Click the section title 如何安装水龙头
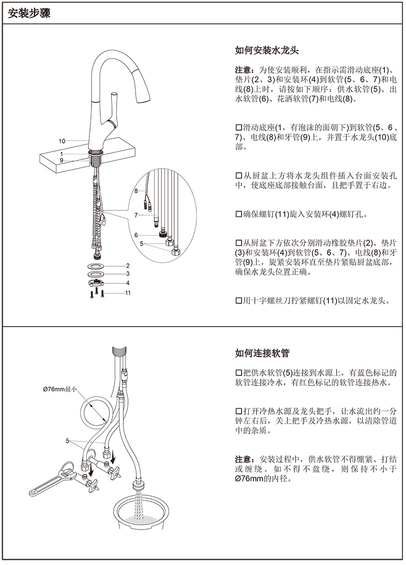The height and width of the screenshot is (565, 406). [267, 51]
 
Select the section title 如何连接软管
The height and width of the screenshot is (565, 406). [262, 353]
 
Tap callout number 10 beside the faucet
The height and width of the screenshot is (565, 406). [62, 141]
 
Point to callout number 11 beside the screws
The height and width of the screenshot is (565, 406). [128, 293]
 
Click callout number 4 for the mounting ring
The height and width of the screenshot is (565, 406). [127, 283]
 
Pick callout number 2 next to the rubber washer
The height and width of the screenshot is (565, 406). [127, 266]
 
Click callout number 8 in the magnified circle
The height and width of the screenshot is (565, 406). [137, 191]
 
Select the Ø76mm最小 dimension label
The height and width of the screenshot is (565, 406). [60, 390]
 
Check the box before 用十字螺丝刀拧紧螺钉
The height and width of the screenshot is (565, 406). [238, 300]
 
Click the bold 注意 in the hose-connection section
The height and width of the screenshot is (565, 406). [244, 459]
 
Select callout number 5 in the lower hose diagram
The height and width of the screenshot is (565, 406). [67, 441]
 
